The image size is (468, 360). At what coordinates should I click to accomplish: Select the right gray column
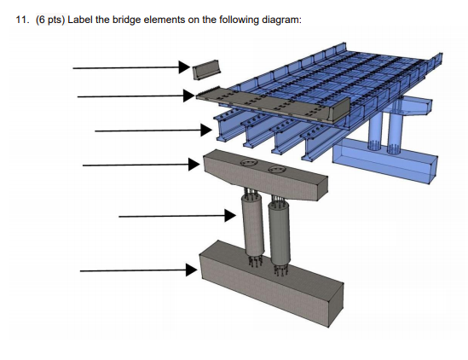(x=278, y=229)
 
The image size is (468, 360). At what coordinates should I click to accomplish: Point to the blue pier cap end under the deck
(x=418, y=108)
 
